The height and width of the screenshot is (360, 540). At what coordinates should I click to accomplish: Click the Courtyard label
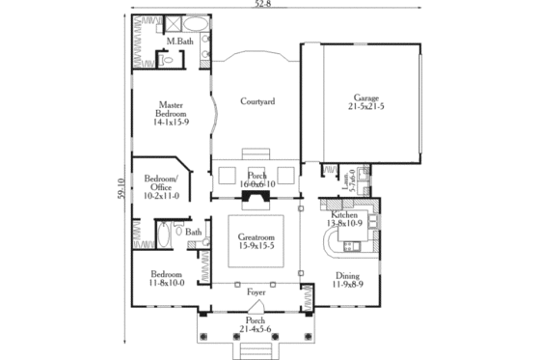coord(258,100)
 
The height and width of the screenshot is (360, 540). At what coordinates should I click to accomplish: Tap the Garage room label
coord(365,97)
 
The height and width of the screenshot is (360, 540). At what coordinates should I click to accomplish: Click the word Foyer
coord(256,291)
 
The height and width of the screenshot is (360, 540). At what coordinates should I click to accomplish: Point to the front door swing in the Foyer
coord(256,304)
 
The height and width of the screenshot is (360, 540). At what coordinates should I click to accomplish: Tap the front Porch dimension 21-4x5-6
coord(256,328)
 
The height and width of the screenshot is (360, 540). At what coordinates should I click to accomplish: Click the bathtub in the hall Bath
coord(162,235)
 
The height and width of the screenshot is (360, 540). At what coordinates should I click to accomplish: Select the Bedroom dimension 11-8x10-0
coord(169,283)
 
